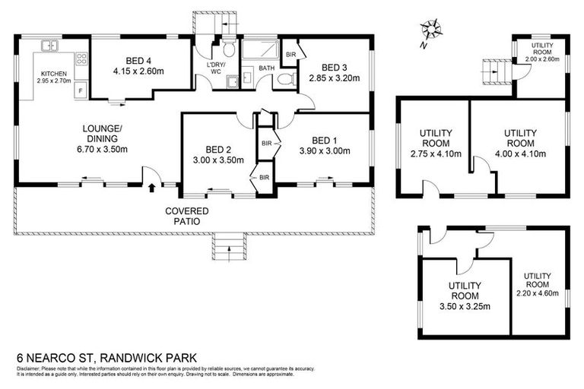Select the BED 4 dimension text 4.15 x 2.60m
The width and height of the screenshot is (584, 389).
pyautogui.click(x=136, y=71)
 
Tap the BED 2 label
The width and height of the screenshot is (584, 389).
pyautogui.click(x=217, y=149)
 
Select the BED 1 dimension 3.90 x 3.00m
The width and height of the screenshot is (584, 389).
pyautogui.click(x=325, y=150)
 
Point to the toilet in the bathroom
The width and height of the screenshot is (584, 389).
pyautogui.click(x=284, y=80)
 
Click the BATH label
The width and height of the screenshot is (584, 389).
pyautogui.click(x=266, y=68)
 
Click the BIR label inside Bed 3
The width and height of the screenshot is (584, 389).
pyautogui.click(x=290, y=55)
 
